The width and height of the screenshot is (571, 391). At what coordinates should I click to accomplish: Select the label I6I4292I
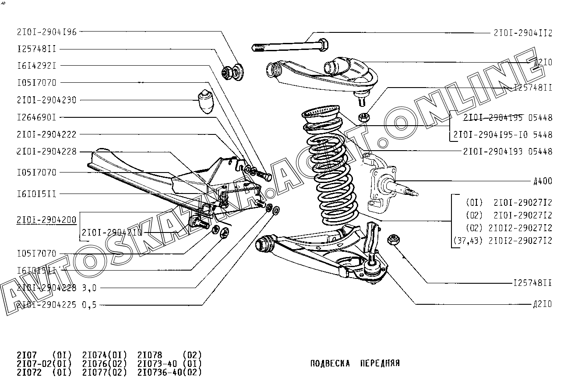pos(37,66)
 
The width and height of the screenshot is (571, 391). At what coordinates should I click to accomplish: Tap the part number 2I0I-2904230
pos(46,100)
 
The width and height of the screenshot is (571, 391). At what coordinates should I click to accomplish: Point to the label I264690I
pos(37,117)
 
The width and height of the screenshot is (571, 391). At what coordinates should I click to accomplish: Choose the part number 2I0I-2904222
pos(46,134)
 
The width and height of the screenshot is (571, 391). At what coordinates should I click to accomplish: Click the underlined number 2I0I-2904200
pos(46,219)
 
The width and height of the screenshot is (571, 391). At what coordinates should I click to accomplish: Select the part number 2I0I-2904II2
pos(523,33)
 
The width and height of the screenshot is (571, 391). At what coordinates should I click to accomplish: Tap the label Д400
pos(543,181)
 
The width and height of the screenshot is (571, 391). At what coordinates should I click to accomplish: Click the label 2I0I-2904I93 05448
pos(508,152)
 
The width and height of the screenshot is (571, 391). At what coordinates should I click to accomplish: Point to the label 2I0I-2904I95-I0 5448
pos(503,134)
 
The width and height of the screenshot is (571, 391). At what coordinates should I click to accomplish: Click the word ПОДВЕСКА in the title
pos(330,363)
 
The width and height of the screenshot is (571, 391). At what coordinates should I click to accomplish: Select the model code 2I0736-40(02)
pos(169,373)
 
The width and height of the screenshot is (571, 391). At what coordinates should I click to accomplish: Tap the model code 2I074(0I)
pos(105,355)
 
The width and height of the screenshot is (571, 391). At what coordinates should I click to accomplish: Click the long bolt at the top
pos(289,45)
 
